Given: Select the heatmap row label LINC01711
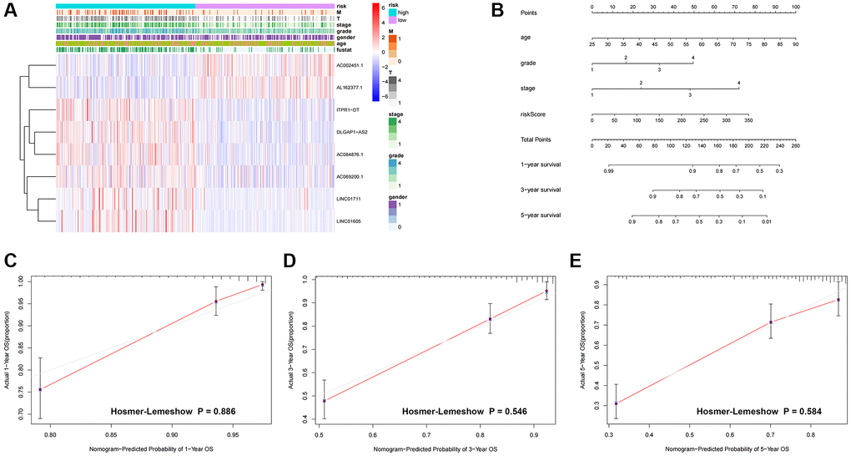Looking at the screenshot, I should [x=351, y=190].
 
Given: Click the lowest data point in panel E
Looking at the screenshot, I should [x=616, y=403].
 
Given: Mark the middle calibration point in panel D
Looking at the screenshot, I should [x=490, y=318].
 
